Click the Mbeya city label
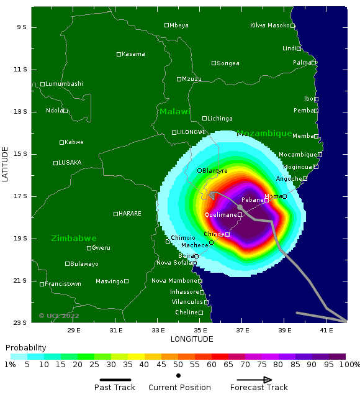pyautogui.click(x=179, y=25)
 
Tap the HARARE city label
pyautogui.click(x=130, y=214)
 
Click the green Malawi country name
pyautogui.click(x=174, y=112)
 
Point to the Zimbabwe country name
pyautogui.click(x=74, y=239)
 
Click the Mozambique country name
pyautogui.click(x=264, y=134)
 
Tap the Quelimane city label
pyautogui.click(x=220, y=215)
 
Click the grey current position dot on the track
pyautogui.click(x=240, y=207)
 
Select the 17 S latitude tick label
pyautogui.click(x=21, y=196)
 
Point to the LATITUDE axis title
pyautogui.click(x=6, y=164)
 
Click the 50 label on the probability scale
pyautogui.click(x=178, y=365)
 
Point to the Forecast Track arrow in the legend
pyautogui.click(x=254, y=380)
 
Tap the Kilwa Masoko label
pyautogui.click(x=269, y=25)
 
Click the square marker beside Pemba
pyautogui.click(x=316, y=111)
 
